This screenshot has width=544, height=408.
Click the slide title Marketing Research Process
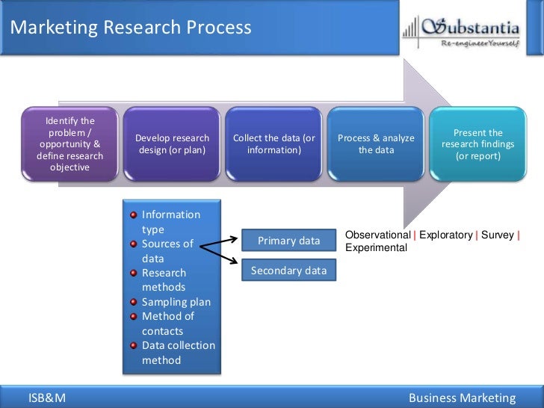pos(131,28)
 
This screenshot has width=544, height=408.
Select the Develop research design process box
pos(172,144)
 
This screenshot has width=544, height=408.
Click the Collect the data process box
pos(273,144)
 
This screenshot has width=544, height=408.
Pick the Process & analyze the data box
pos(376,144)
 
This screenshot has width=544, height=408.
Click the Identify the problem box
pos(70,144)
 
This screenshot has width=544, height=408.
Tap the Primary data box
pos(288,241)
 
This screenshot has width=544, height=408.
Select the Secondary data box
pos(288,271)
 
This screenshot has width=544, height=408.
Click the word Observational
pos(377,235)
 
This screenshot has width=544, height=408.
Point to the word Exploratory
pos(445,235)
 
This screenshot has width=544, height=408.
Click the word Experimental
pos(376,247)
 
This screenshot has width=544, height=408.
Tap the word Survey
pos(497,235)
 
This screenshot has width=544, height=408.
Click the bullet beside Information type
pos(134,215)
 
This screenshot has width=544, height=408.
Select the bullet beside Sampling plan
pos(134,303)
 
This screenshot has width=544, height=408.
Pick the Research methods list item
pos(164,280)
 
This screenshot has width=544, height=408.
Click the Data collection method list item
pos(178,353)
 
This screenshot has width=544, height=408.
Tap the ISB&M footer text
pos(47,398)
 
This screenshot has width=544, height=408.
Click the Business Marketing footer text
pos(462,398)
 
